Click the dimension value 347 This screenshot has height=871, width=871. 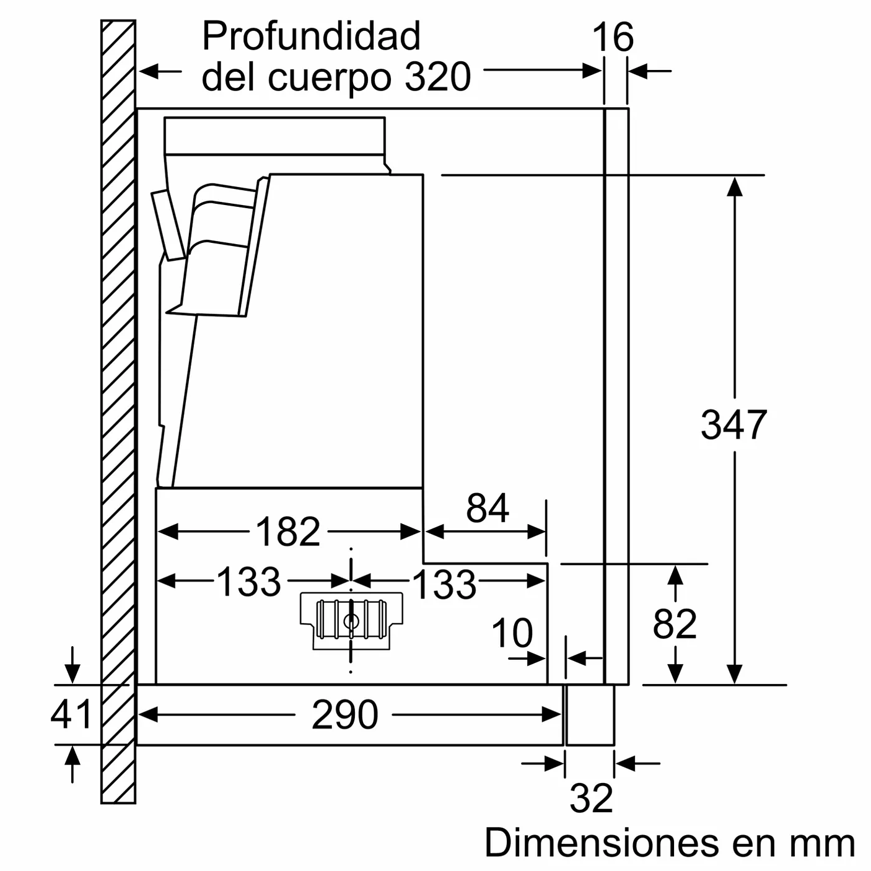point(733,425)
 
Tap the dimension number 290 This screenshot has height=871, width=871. point(344,715)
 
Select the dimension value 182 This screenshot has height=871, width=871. point(288,532)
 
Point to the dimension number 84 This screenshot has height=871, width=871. point(488,509)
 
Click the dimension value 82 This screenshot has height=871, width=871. point(675,624)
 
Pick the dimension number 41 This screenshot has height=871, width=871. point(71,714)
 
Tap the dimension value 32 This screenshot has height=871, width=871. point(591,798)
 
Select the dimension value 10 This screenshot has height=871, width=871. point(512,633)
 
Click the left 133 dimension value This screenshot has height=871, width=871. point(248,582)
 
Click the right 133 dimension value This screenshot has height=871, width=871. point(444,584)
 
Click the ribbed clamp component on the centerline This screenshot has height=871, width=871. point(351,619)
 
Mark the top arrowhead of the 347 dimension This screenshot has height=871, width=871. point(735,186)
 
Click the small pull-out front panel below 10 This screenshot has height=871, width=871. point(590,715)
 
